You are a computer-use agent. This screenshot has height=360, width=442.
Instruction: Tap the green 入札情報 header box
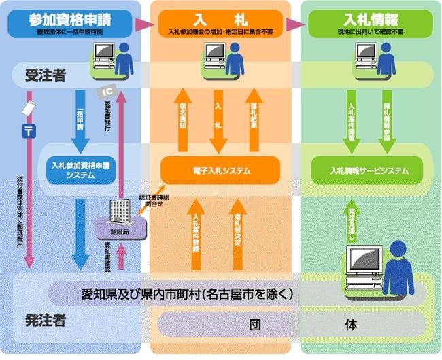tap(367, 24)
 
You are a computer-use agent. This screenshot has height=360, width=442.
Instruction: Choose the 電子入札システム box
tap(220, 170)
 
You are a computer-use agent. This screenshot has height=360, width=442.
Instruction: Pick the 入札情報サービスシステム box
tap(367, 170)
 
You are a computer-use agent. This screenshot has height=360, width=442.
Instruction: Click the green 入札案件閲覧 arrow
tap(352, 120)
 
